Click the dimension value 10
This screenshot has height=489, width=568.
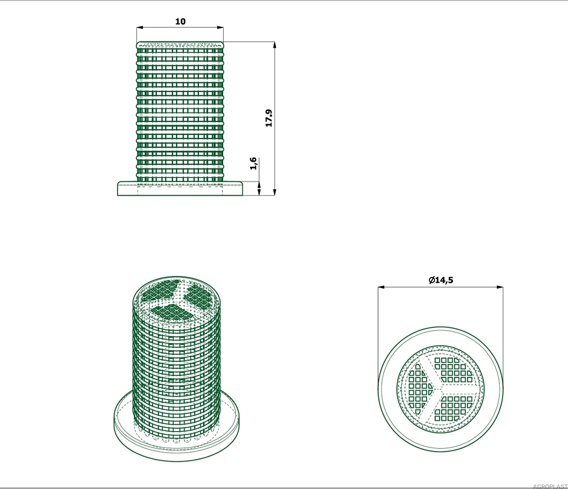[181, 22]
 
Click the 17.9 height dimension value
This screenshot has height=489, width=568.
[269, 118]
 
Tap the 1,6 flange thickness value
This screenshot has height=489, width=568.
[253, 163]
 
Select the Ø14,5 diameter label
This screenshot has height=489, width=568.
[441, 280]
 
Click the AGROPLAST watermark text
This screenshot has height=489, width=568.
[550, 486]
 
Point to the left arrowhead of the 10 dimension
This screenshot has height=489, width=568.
[140, 27]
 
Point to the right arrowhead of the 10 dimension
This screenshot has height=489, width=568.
[219, 27]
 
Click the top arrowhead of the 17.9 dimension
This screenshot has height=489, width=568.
[274, 45]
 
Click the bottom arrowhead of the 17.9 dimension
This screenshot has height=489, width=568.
[274, 192]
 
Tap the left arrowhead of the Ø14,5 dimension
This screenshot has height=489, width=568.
[381, 287]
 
